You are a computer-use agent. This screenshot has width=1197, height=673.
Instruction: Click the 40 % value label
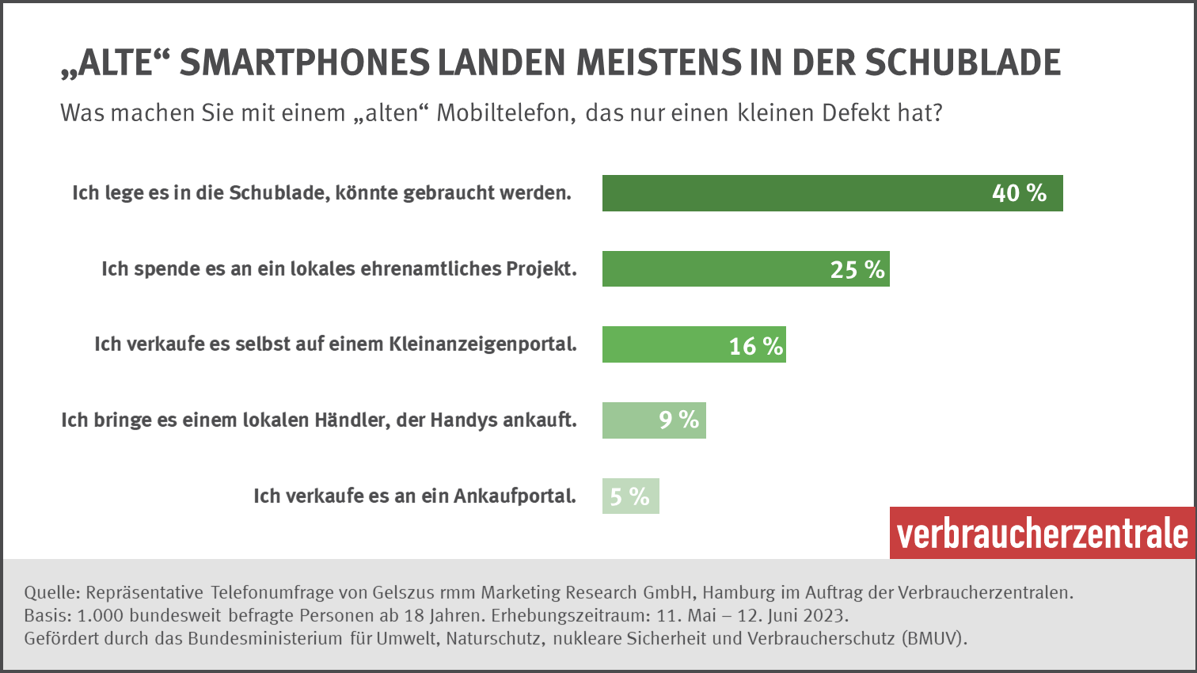click(x=1019, y=193)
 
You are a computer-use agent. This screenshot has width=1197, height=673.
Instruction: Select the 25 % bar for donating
click(x=745, y=269)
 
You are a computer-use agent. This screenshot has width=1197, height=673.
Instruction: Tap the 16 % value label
click(x=755, y=346)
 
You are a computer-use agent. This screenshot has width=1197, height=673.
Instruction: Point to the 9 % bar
click(x=654, y=420)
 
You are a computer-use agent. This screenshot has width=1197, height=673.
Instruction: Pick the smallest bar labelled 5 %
click(x=630, y=496)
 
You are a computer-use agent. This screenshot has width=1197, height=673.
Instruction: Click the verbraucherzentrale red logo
click(x=1042, y=534)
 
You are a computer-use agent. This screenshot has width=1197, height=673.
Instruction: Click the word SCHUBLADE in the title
click(x=963, y=63)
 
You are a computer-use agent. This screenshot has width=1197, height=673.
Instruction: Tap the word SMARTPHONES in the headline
click(x=305, y=63)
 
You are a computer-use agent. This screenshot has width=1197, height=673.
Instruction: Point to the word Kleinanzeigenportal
click(x=482, y=344)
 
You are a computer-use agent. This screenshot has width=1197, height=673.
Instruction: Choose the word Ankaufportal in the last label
click(x=515, y=496)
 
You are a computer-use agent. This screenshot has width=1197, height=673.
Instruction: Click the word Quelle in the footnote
click(x=52, y=592)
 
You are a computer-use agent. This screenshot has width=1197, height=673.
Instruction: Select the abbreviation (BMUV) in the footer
click(x=934, y=638)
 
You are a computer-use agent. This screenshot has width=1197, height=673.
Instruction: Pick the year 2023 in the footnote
click(x=826, y=615)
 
